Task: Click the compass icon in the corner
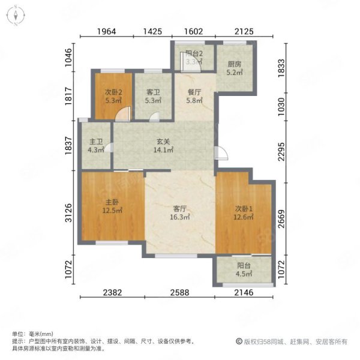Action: click(16, 16)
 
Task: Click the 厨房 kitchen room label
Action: click(235, 64)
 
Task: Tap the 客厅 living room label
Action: click(180, 209)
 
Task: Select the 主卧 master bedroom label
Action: click(112, 202)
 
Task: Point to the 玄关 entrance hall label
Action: click(163, 142)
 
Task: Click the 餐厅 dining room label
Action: click(194, 92)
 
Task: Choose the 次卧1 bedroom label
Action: click(244, 209)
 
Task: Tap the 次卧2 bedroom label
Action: click(113, 92)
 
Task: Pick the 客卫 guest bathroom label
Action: click(153, 92)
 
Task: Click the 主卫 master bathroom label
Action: click(96, 142)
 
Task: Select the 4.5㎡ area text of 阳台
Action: click(244, 274)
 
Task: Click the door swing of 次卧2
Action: click(123, 113)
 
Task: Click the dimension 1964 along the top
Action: click(107, 31)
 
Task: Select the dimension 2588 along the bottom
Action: click(180, 293)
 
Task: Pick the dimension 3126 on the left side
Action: click(68, 212)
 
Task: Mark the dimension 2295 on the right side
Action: click(281, 152)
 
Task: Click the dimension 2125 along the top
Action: click(244, 31)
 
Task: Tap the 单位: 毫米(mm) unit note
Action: click(32, 334)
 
